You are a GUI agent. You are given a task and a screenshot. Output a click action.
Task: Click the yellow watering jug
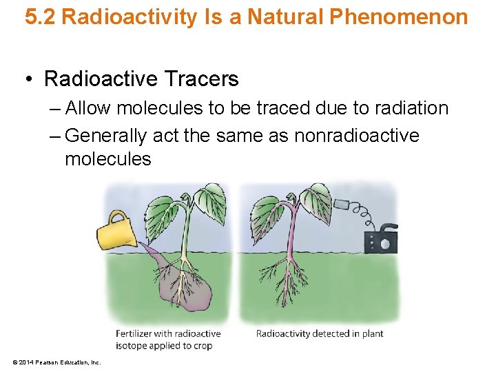(118, 230)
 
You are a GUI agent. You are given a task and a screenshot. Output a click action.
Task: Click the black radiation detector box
(380, 240)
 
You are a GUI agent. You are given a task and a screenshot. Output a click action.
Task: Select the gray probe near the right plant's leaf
(342, 205)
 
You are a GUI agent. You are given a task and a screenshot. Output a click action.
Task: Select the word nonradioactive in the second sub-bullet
(356, 136)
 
